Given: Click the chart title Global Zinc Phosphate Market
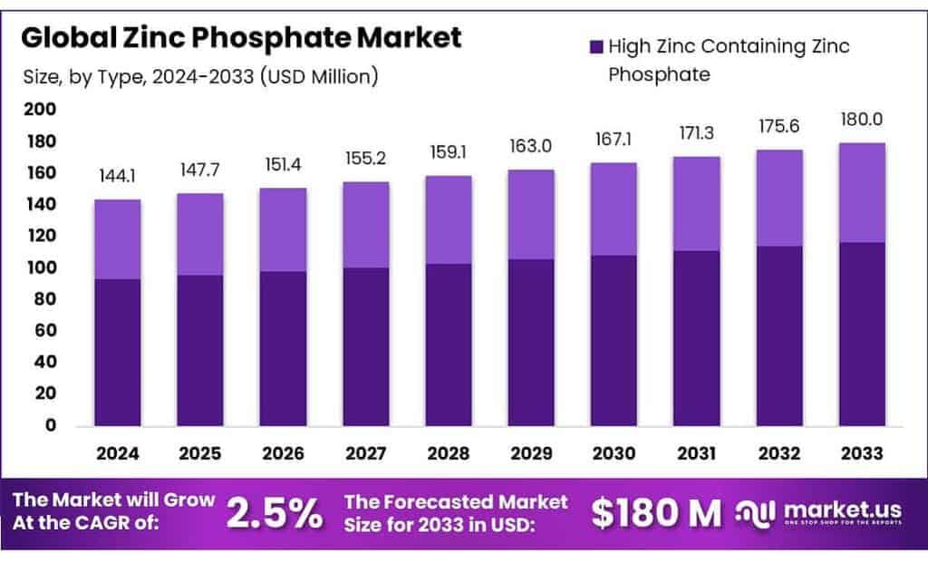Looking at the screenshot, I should [x=241, y=38].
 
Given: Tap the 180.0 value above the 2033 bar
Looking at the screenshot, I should [x=862, y=120].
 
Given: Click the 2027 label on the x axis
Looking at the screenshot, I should [x=366, y=451].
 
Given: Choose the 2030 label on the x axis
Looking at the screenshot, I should [x=614, y=451].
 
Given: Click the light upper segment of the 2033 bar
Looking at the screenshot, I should [x=862, y=192].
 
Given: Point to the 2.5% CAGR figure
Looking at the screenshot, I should [x=274, y=513].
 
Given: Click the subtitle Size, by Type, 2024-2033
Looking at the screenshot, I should [x=199, y=76].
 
